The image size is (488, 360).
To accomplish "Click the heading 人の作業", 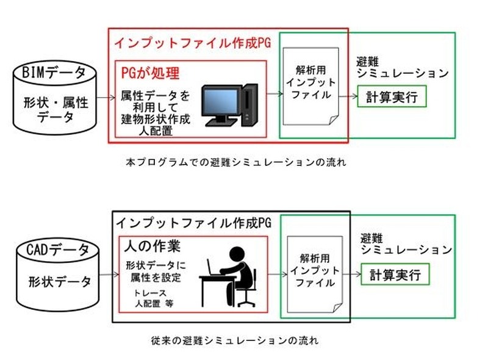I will click(152, 248).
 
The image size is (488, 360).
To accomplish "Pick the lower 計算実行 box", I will click(395, 275).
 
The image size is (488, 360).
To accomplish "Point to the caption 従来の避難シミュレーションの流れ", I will click(234, 340).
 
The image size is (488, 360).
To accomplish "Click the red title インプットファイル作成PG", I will click(192, 44).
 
